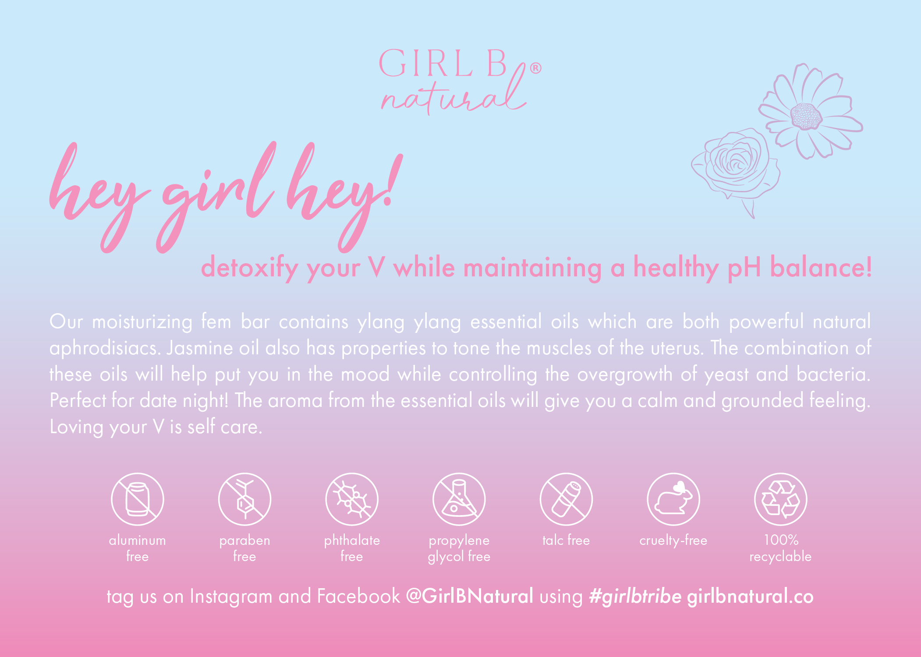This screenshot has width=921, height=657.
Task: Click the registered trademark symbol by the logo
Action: pyautogui.click(x=535, y=68)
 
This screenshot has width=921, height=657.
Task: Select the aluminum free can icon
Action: pyautogui.click(x=137, y=499)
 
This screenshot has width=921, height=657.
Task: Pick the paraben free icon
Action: pyautogui.click(x=244, y=499)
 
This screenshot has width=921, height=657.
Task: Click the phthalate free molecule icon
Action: pyautogui.click(x=352, y=499)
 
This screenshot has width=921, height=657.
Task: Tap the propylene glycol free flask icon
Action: pyautogui.click(x=459, y=499)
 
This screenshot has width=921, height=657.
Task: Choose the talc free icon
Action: pyautogui.click(x=566, y=499)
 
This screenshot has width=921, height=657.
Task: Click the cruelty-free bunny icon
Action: pyautogui.click(x=673, y=499)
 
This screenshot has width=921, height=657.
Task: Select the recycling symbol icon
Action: pyautogui.click(x=780, y=499)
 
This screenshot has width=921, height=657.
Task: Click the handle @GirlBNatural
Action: pyautogui.click(x=469, y=596)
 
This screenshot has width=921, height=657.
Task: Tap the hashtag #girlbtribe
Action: pyautogui.click(x=635, y=597)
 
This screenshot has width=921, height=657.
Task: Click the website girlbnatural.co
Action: pyautogui.click(x=750, y=597)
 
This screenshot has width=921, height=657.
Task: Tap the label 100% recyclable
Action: pyautogui.click(x=780, y=548)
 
